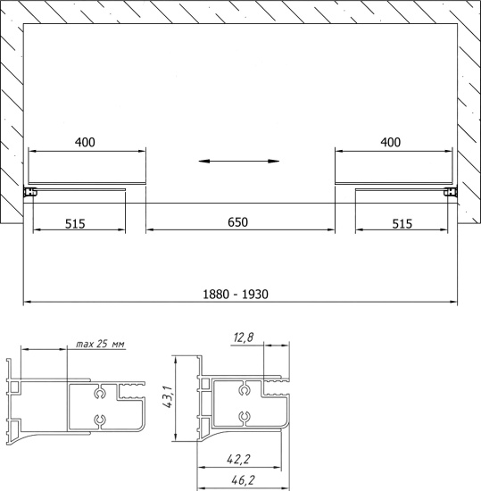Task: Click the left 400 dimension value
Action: point(85,142)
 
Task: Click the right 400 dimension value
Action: point(390,142)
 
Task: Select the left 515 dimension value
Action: point(75,224)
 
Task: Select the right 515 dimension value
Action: point(402,224)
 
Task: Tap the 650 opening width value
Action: point(238,222)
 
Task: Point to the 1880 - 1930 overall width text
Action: point(236,295)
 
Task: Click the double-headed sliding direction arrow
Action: point(239,162)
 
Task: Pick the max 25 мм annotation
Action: point(100,344)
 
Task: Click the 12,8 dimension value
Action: point(244,337)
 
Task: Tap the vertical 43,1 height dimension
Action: point(168,396)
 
